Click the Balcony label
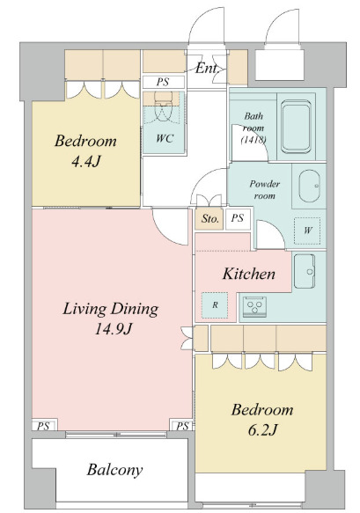[x=115, y=470]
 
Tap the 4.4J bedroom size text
[x=85, y=161]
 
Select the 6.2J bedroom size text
[x=262, y=430]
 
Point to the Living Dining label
[x=111, y=309]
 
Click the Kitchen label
[x=249, y=274]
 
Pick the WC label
[x=165, y=138]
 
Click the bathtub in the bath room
[x=296, y=127]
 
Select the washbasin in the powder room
[x=309, y=187]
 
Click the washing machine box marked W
[x=307, y=231]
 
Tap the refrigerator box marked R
[x=215, y=305]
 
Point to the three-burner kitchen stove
[x=254, y=306]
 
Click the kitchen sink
[x=305, y=271]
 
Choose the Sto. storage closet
[x=209, y=218]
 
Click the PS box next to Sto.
[x=238, y=218]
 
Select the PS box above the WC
[x=163, y=82]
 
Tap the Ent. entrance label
[x=207, y=68]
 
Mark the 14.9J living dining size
[x=114, y=329]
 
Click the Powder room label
[x=264, y=190]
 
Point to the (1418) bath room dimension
[x=253, y=140]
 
